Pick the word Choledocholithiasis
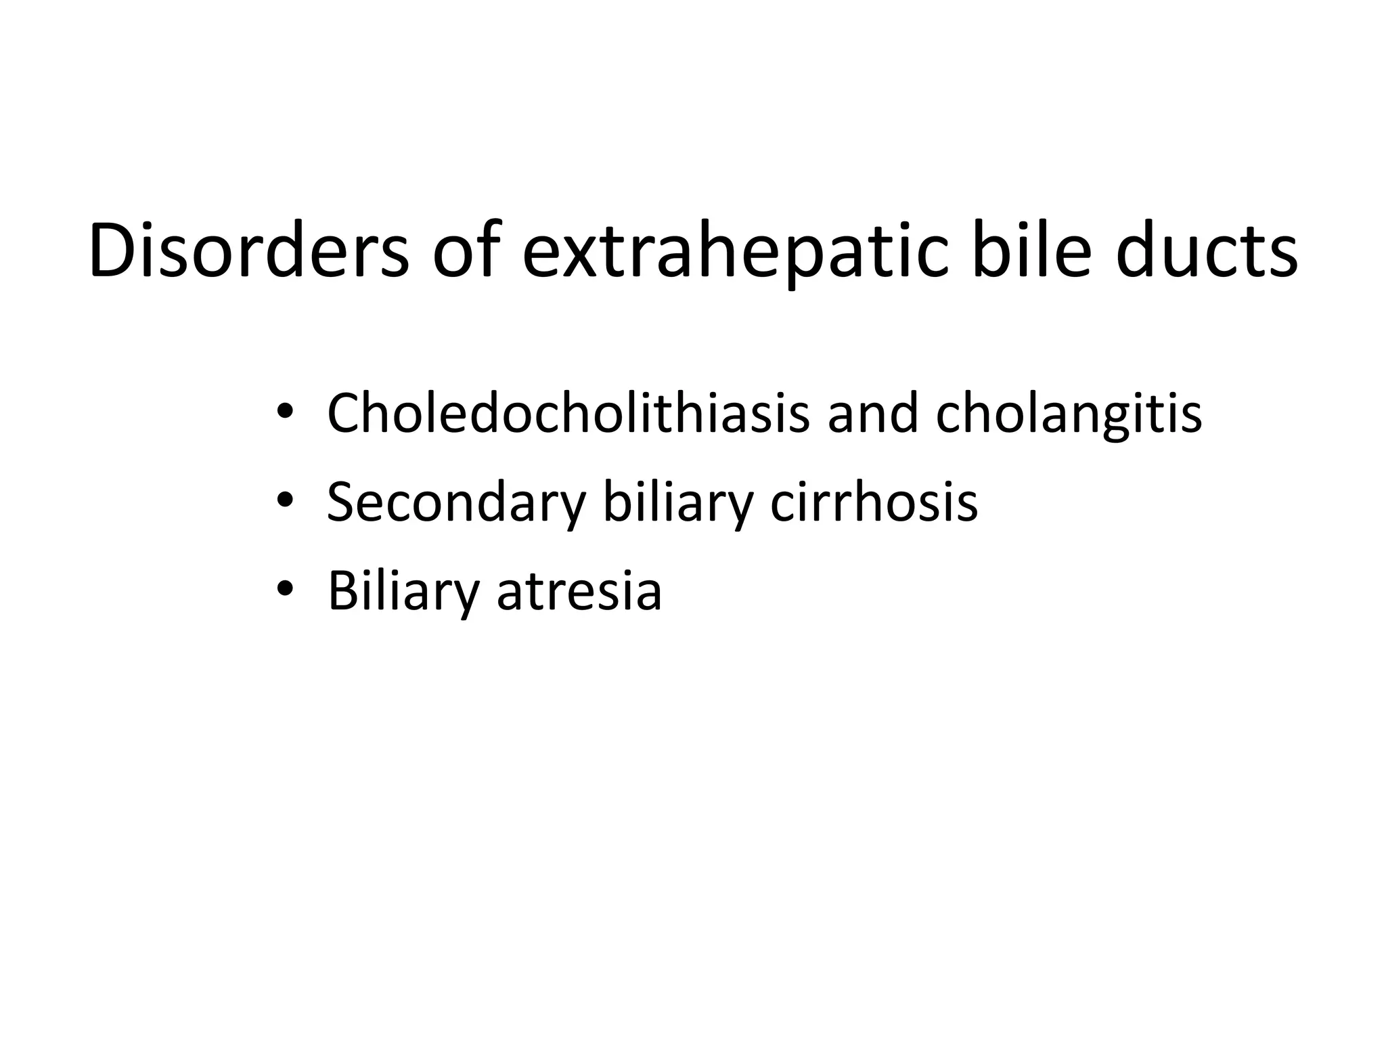click(568, 412)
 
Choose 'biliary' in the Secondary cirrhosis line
click(678, 502)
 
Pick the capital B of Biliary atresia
click(342, 590)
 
